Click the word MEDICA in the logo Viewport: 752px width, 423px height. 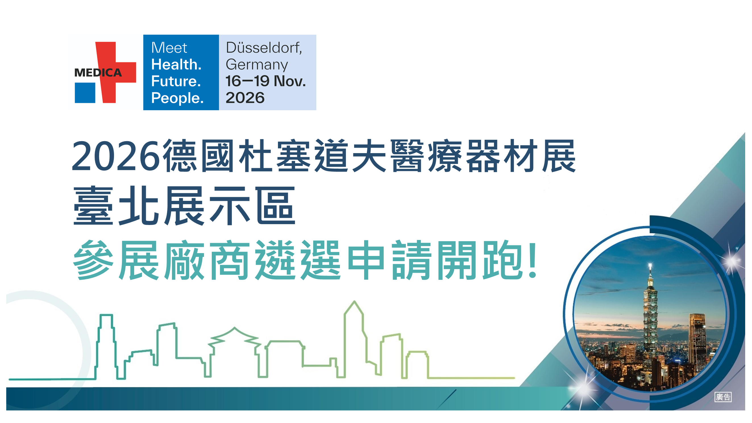click(98, 73)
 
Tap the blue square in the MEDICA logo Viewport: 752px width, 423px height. click(85, 93)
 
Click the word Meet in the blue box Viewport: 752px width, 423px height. click(169, 47)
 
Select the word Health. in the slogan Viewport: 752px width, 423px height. click(176, 64)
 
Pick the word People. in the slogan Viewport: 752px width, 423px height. click(177, 98)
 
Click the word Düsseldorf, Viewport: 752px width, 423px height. click(264, 47)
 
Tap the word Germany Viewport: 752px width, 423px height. click(257, 65)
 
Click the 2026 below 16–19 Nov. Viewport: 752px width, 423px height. click(245, 98)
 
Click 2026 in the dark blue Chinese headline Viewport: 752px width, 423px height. click(116, 156)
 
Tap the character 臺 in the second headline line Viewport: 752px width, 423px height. click(93, 206)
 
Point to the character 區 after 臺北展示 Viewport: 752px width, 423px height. click(276, 206)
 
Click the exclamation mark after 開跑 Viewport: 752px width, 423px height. click(533, 260)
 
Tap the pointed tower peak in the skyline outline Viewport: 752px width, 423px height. click(354, 302)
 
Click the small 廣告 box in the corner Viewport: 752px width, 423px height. click(723, 397)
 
